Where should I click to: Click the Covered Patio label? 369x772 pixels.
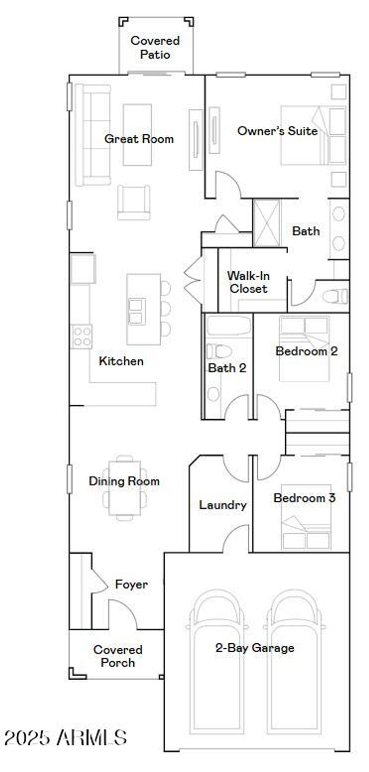[155, 47]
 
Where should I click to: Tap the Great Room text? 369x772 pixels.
[139, 139]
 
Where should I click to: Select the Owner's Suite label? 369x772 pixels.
[277, 131]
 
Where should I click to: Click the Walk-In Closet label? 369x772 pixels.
[248, 282]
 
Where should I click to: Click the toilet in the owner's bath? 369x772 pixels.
[335, 297]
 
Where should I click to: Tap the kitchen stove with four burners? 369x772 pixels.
[81, 336]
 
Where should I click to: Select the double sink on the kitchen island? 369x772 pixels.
[137, 311]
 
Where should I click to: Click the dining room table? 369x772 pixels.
[125, 488]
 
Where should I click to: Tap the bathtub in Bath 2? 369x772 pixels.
[228, 325]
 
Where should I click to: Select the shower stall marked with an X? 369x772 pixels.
[267, 223]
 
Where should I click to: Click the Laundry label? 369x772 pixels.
[223, 505]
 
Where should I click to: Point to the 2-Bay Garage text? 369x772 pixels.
[254, 648]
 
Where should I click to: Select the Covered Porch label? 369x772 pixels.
[117, 656]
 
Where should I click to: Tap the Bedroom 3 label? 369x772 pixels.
[304, 498]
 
